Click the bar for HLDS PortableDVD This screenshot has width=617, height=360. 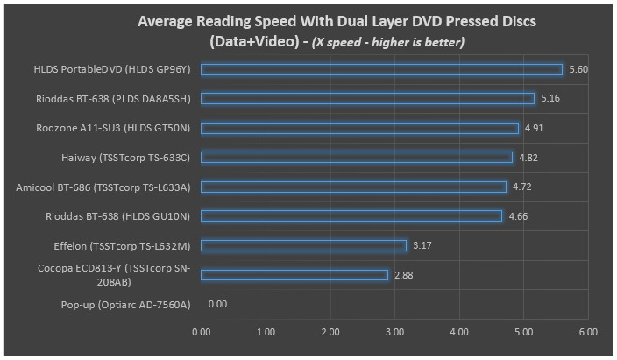pos(381,69)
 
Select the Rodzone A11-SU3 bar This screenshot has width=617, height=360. pos(360,128)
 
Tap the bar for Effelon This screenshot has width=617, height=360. pos(303,245)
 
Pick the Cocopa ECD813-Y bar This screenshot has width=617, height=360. pos(294,274)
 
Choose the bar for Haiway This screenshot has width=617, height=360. pos(357,158)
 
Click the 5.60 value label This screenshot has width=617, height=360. pos(578,69)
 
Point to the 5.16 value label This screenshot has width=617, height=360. pos(550,99)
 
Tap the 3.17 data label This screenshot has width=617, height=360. pos(422,245)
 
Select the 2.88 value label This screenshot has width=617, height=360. pos(403,274)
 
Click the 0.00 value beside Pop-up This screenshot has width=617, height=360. pos(218,304)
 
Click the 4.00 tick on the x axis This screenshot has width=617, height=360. pos(459,333)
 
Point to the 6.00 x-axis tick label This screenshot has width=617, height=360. pos(588,333)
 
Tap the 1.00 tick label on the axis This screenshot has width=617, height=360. pos(266,333)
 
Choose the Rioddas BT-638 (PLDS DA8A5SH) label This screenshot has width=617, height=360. pos(115,99)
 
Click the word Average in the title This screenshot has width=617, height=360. pos(172,22)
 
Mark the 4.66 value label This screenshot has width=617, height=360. pos(518,215)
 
